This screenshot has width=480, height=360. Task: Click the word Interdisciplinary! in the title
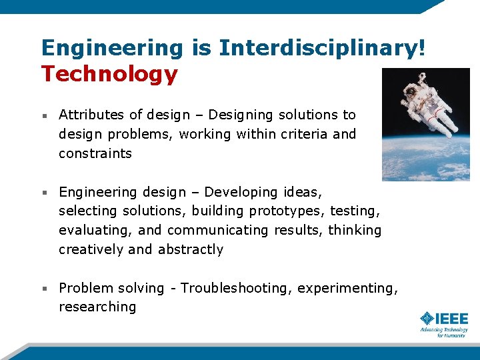click(321, 48)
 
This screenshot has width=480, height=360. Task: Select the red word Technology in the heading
click(109, 74)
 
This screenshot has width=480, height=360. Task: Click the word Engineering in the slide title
click(111, 48)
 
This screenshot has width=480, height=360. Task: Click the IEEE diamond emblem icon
click(427, 319)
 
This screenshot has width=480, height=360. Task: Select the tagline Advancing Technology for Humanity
click(444, 332)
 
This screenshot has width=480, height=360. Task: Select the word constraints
click(95, 153)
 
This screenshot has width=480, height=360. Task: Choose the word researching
click(97, 307)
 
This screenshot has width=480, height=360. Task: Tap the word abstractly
click(191, 249)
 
